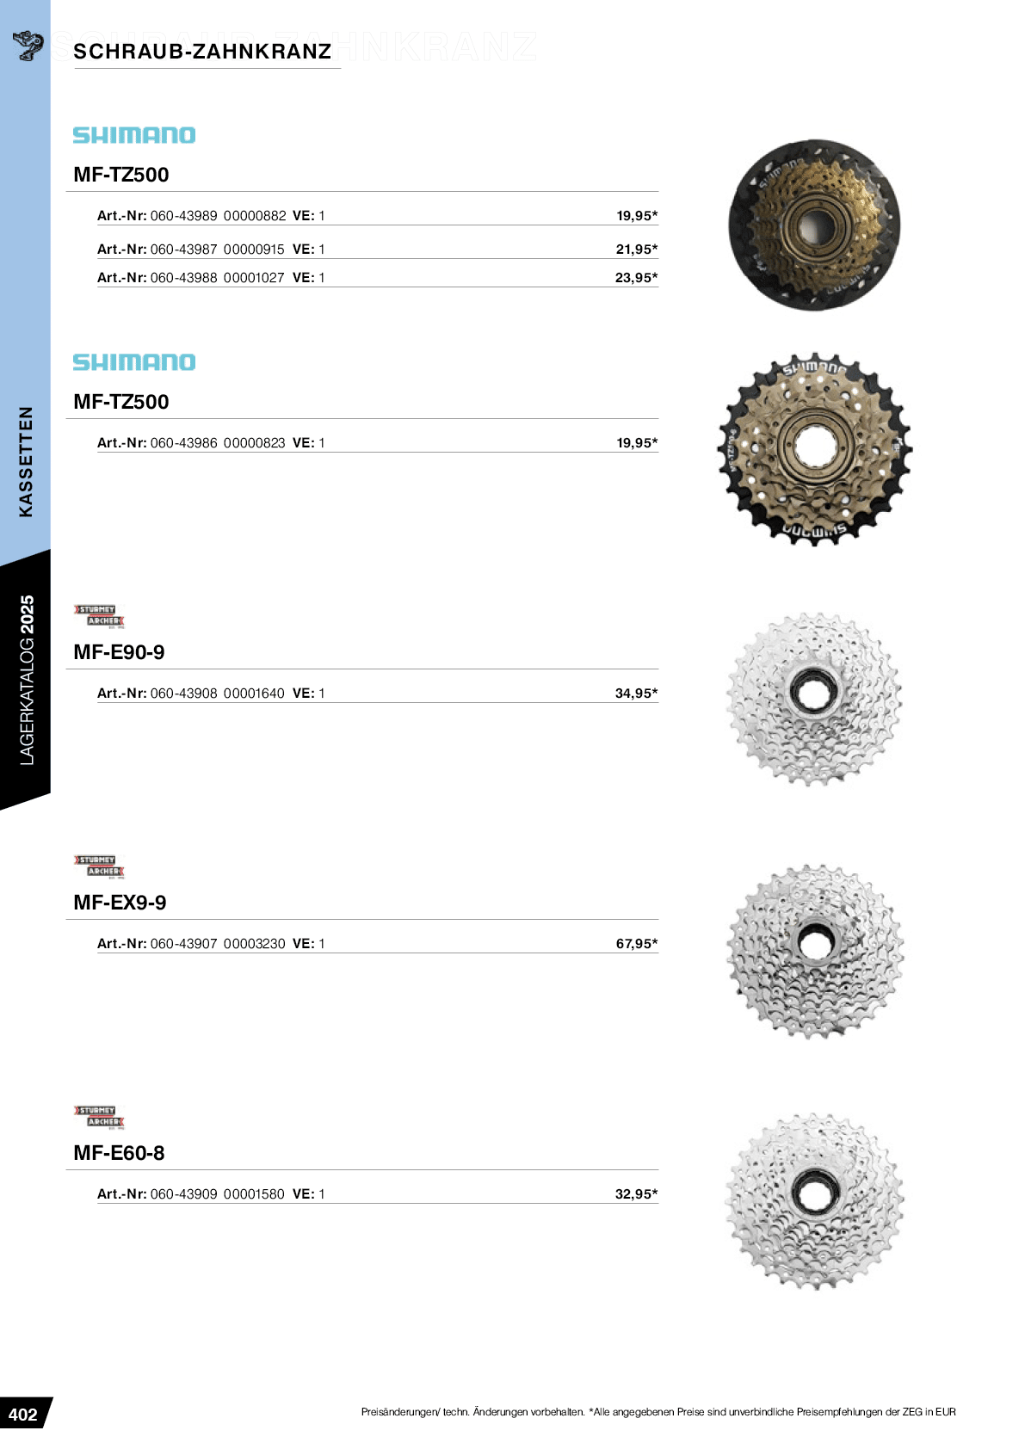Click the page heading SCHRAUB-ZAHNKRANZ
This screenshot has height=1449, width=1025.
tap(202, 52)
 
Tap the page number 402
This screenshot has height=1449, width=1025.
tap(23, 1415)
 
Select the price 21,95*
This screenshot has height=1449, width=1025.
tap(636, 250)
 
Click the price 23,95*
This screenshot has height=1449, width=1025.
tap(636, 278)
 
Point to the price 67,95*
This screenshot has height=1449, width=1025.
tap(636, 944)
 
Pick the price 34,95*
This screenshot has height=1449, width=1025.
tap(636, 694)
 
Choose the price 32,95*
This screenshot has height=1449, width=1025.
tap(636, 1194)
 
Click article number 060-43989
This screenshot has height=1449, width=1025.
tap(183, 216)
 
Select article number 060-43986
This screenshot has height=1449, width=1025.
tap(183, 443)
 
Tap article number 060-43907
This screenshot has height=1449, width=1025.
tap(183, 944)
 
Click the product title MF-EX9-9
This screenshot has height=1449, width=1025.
tap(120, 903)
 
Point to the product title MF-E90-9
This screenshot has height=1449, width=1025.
tap(119, 652)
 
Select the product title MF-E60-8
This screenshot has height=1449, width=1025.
tap(119, 1153)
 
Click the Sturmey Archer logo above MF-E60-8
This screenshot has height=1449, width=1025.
tap(100, 1116)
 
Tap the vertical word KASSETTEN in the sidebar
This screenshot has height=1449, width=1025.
tap(26, 461)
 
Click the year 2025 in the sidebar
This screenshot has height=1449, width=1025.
tap(27, 614)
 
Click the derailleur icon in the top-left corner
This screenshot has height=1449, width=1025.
tap(28, 45)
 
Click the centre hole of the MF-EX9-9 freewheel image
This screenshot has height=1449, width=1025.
tap(814, 943)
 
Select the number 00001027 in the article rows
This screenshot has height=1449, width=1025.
tap(254, 278)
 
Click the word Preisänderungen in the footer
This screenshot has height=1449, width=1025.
tap(400, 1412)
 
